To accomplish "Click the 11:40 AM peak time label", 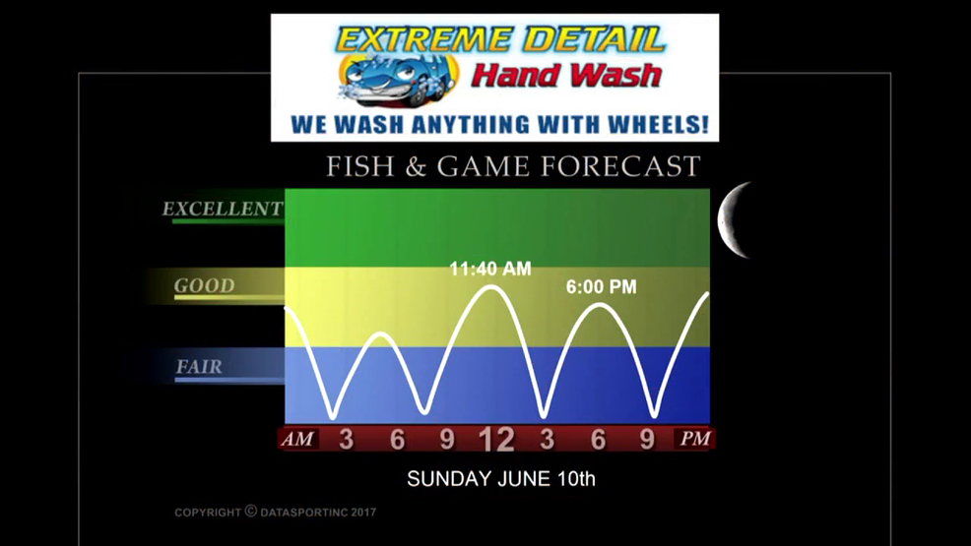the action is pos(490,269).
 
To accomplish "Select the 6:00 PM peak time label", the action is pos(602,287).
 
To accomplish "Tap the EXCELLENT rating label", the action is pos(223,209).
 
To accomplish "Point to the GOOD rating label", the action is pos(205,285).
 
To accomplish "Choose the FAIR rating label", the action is pos(199,367).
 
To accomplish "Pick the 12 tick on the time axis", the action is pos(496,440).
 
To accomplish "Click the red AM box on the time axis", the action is pos(297,439).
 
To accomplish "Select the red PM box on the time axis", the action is pos(695,439).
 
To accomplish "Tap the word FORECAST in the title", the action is pos(620,166).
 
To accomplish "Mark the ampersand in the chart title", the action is pos(416,167).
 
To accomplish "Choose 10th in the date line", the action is pos(576,478).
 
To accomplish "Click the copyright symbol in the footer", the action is pos(251,511).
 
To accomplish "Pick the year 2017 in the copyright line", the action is pos(363,512).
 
